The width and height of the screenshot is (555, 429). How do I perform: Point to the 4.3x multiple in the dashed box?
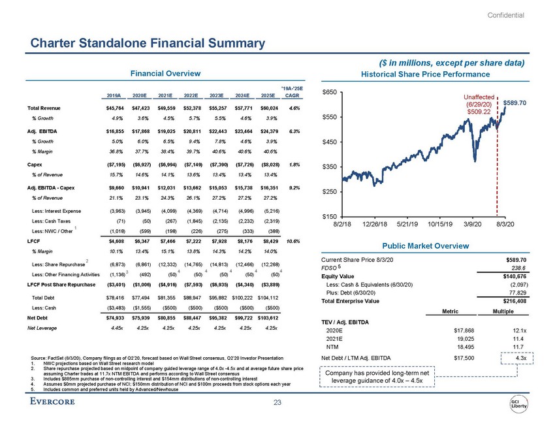(520, 358)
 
